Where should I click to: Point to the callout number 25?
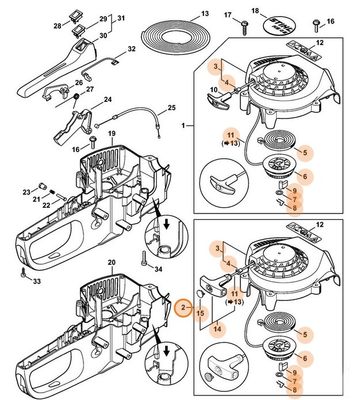click(171, 108)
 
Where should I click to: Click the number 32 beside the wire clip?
click(131, 49)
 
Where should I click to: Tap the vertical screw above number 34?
click(141, 255)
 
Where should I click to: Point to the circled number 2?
click(183, 307)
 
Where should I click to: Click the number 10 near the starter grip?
click(213, 89)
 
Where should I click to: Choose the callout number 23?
click(26, 192)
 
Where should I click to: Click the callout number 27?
click(90, 89)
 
